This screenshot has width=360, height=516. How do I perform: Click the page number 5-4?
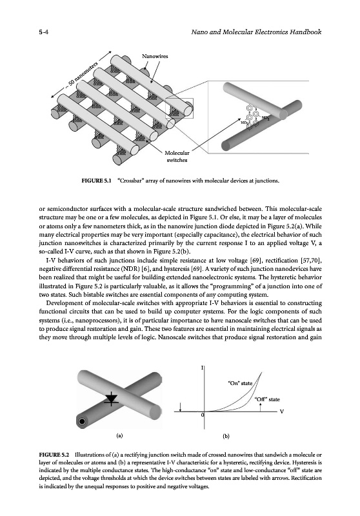(x=44, y=32)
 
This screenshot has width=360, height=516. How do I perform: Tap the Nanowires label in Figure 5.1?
(x=155, y=56)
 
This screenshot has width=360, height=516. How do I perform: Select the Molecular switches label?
(x=177, y=157)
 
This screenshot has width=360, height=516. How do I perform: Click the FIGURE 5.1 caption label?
(x=97, y=181)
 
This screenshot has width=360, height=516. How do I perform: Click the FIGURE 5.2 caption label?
(x=54, y=455)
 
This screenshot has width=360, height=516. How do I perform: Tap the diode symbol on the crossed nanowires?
(x=112, y=399)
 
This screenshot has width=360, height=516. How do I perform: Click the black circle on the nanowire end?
(x=82, y=422)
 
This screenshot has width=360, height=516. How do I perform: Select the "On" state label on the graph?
(x=240, y=383)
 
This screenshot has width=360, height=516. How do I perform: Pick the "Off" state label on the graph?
(x=267, y=399)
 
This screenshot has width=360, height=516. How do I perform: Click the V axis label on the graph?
(x=281, y=412)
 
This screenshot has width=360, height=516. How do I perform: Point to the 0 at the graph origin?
(x=203, y=415)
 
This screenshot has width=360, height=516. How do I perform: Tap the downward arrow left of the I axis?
(x=181, y=407)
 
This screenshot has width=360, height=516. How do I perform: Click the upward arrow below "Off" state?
(x=260, y=407)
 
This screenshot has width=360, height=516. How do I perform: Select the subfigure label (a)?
(x=120, y=436)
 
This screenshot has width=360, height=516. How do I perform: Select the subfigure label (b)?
(x=226, y=437)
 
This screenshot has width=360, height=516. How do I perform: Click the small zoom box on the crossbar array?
(x=179, y=108)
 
